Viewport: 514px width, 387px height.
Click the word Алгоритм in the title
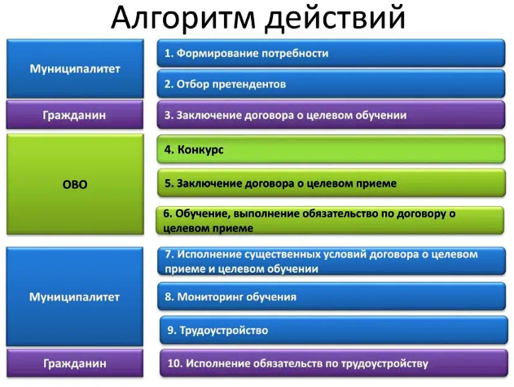183,18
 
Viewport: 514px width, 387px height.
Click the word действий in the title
335,19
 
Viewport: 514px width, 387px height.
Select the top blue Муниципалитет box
75,68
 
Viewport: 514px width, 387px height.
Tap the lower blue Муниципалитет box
75,297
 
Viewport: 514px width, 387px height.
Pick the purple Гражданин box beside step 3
75,115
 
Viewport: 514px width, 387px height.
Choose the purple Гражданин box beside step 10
75,363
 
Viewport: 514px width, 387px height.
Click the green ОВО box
75,184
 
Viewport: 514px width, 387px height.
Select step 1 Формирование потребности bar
331,53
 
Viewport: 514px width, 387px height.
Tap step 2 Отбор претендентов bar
331,84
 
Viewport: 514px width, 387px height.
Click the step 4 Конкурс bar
331,149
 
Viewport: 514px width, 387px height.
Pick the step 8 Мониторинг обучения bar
332,297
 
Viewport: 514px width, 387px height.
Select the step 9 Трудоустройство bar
334,330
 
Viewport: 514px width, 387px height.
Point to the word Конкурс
200,150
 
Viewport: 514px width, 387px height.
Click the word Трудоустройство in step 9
224,330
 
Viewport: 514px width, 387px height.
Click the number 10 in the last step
174,363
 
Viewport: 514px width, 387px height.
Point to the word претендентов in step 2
248,85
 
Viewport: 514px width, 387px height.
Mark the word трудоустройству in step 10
384,363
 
